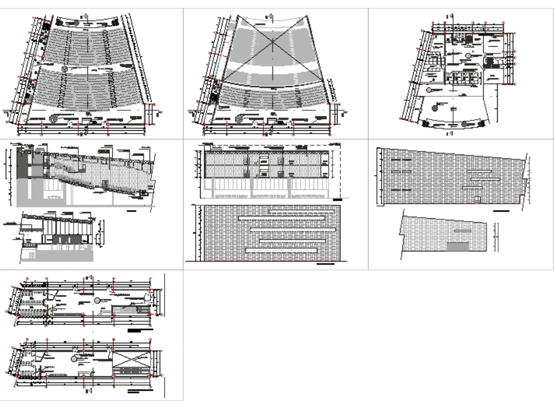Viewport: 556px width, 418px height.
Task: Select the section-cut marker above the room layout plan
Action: coord(451,16)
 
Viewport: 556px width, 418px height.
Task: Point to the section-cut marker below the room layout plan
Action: coord(451,134)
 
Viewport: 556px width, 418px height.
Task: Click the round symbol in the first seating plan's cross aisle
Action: coord(65,69)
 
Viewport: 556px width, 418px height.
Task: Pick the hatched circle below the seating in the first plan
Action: coord(54,119)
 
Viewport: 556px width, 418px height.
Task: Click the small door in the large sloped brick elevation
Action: coord(477,199)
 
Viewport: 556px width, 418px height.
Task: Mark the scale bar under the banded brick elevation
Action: coord(325,264)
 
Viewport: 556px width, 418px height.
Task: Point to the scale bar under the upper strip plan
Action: coord(139,331)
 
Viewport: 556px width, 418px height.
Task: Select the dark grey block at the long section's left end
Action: coord(22,165)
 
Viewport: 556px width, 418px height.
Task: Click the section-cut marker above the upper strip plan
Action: coord(89,277)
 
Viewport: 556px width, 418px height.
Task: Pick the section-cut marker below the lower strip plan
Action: coord(89,391)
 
